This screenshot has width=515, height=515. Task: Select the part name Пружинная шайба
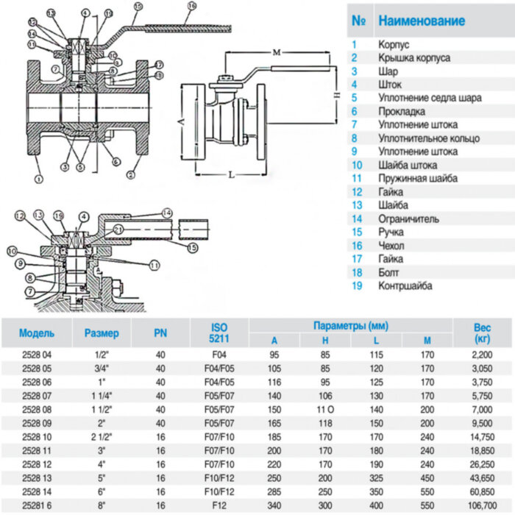click(417, 178)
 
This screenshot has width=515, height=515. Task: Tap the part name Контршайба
click(405, 285)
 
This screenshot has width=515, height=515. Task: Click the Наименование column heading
click(422, 21)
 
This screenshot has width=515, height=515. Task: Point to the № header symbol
click(359, 21)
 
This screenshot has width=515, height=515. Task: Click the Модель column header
click(37, 333)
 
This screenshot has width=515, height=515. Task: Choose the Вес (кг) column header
click(483, 333)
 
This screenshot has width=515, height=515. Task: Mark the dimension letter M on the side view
click(276, 52)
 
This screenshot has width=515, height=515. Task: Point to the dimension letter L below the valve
click(230, 174)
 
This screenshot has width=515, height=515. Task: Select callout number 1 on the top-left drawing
click(38, 177)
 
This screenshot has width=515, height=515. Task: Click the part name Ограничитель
click(408, 219)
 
